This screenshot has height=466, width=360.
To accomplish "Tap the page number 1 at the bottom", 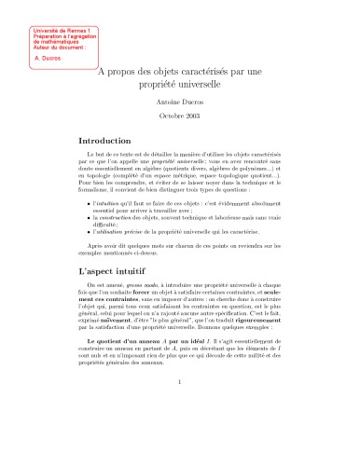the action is [x=180, y=432].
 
